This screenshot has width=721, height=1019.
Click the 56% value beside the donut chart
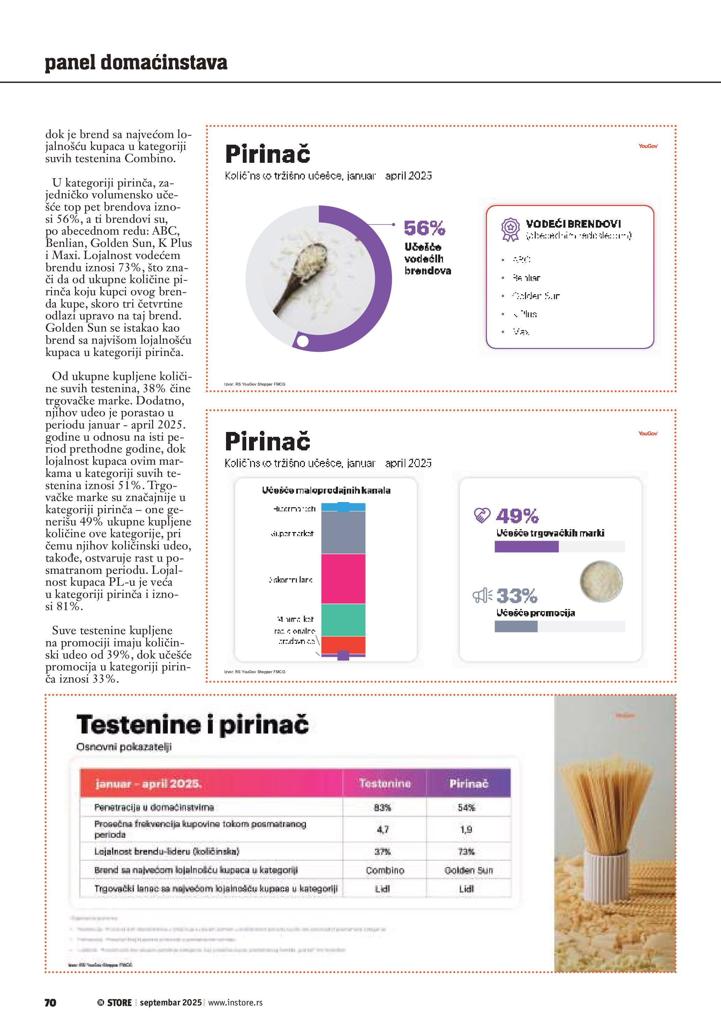[424, 228]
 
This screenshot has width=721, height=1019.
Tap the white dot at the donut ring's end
[302, 341]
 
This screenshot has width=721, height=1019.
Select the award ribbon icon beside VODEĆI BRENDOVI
[510, 229]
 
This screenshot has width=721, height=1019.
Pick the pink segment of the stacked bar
[343, 579]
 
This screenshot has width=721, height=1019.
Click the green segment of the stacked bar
[343, 620]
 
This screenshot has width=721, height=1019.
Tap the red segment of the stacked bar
[343, 645]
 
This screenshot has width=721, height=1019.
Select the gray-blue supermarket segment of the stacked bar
[343, 533]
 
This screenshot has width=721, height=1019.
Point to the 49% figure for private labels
[517, 516]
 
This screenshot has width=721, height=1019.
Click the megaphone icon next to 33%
[482, 595]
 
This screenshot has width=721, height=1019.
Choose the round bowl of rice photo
[601, 581]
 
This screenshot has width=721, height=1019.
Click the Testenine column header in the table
[385, 783]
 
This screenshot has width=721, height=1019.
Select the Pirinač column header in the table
[469, 783]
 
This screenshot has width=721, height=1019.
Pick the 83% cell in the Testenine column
[382, 807]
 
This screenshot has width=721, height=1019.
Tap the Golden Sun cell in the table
[469, 870]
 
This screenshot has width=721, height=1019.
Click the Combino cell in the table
[385, 870]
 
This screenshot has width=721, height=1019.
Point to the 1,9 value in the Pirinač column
[466, 829]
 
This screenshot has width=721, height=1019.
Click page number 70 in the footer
[51, 1003]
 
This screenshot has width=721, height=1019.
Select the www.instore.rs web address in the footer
[235, 1003]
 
